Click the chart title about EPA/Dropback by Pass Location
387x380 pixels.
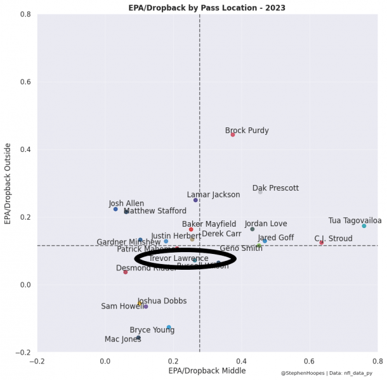coord(207,8)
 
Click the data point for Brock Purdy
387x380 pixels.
coord(233,134)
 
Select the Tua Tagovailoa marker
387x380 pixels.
coord(364,225)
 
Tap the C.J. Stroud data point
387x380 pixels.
coord(322,243)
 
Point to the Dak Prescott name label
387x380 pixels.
coord(275,188)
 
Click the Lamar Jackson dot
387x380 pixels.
coord(195,200)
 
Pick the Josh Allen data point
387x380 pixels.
coord(115,209)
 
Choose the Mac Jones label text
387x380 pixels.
coord(122,339)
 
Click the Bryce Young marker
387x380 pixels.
coord(169,327)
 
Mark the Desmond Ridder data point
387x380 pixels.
coord(126,272)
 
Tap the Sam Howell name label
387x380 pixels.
coord(119,307)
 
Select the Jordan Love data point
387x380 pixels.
coord(253,229)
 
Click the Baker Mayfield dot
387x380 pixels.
coord(191,229)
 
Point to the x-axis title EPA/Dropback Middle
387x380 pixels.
coord(207,370)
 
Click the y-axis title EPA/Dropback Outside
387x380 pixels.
coord(8,183)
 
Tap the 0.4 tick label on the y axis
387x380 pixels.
coord(25,149)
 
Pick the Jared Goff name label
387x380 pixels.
coord(275,238)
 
